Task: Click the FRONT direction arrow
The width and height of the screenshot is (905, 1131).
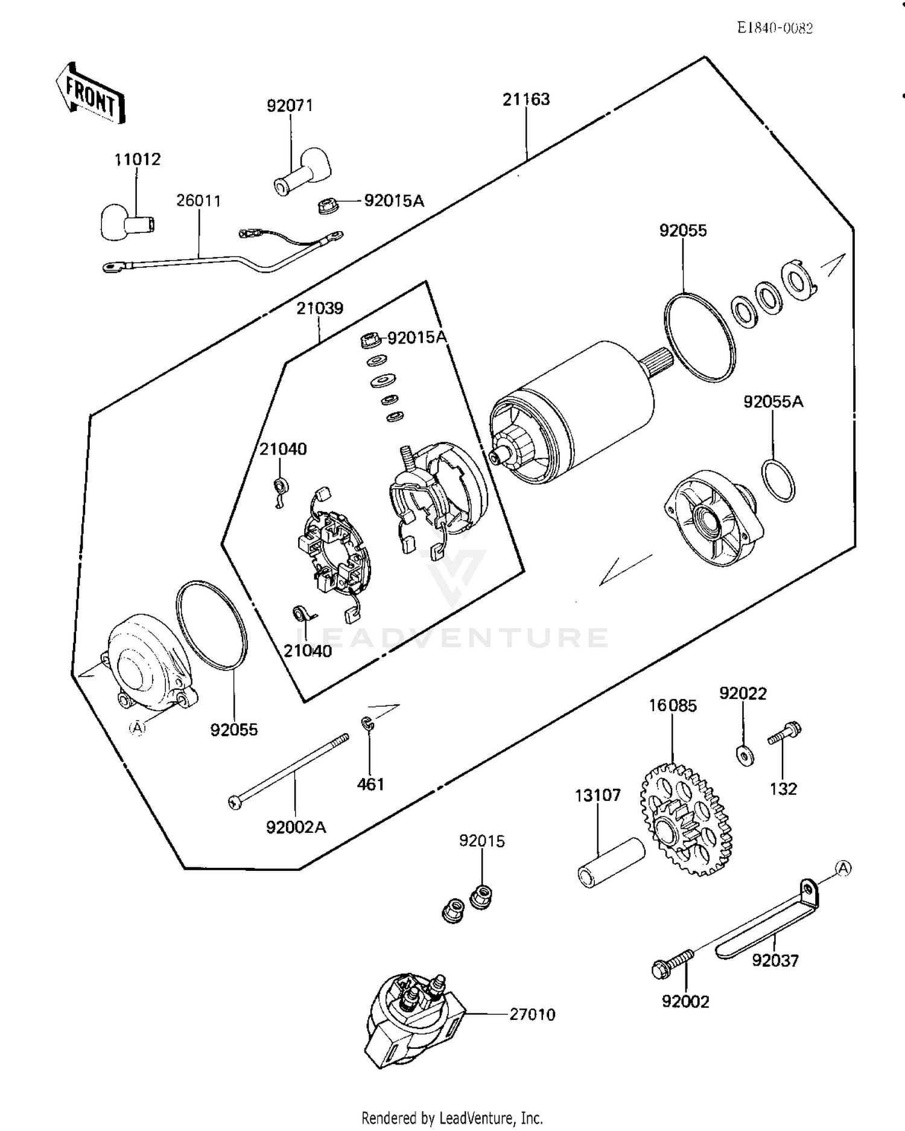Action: coord(91,93)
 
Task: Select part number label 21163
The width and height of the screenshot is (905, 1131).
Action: coord(526,99)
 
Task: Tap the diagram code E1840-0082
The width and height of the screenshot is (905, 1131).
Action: coord(775,28)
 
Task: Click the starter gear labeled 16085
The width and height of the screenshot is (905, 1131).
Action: coord(685,820)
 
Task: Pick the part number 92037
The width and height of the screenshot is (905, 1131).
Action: coord(775,960)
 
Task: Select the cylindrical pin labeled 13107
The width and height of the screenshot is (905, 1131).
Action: coord(611,864)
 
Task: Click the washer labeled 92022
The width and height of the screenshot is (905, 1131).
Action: coord(745,755)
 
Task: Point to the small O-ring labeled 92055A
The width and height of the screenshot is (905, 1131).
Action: coord(778,480)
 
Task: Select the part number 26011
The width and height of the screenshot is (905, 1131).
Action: coord(198,200)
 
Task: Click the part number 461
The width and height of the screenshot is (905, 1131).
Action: coord(370,784)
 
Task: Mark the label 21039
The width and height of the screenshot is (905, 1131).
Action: coord(320,308)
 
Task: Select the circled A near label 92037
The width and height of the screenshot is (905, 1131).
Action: coord(843,868)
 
